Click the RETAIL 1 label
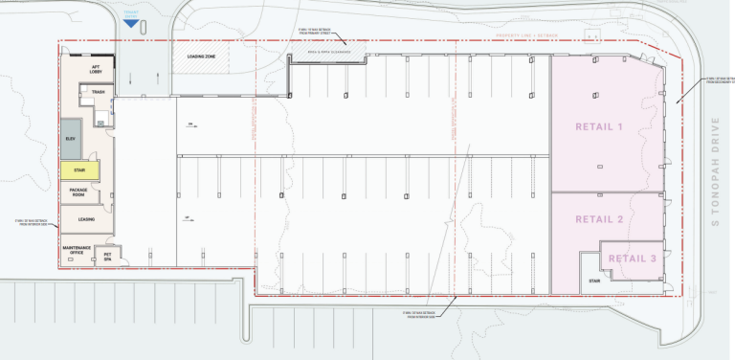(599, 126)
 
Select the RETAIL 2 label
(599, 219)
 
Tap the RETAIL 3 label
(633, 259)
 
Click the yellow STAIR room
(79, 172)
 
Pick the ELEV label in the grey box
(70, 139)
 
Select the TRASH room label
(97, 92)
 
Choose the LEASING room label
(86, 219)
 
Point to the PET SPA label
(108, 257)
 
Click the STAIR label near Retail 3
(593, 281)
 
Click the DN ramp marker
(191, 124)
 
